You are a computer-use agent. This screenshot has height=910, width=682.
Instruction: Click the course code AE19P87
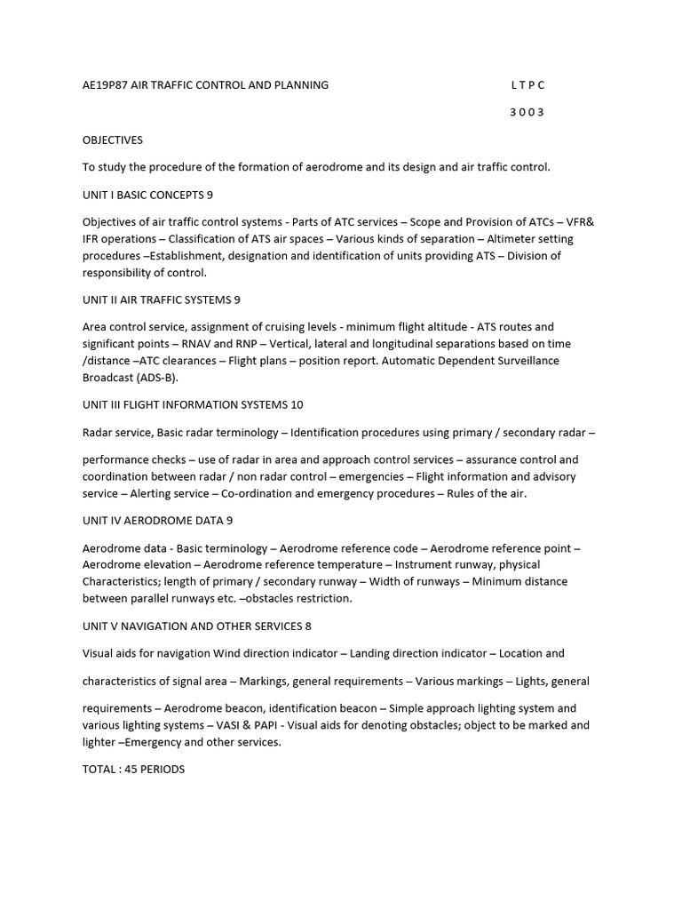(x=105, y=85)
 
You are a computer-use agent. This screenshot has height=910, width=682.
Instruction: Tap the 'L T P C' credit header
(x=527, y=85)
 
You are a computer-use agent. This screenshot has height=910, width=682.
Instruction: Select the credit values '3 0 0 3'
(x=527, y=113)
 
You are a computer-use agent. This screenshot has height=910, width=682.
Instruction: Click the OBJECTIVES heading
(x=113, y=140)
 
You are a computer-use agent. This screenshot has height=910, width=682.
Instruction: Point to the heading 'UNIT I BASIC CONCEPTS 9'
(x=147, y=195)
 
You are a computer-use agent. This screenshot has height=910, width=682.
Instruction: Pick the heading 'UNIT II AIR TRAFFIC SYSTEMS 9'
(x=162, y=299)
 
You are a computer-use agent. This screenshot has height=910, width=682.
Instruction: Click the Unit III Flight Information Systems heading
(x=193, y=405)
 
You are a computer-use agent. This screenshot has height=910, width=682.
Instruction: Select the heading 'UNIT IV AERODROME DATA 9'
(x=158, y=521)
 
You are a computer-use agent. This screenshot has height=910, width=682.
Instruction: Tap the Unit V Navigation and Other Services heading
(x=197, y=626)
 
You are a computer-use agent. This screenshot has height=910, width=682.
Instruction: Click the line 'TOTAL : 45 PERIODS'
(x=133, y=769)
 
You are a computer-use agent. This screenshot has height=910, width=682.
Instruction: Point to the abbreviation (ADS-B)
(x=156, y=377)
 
